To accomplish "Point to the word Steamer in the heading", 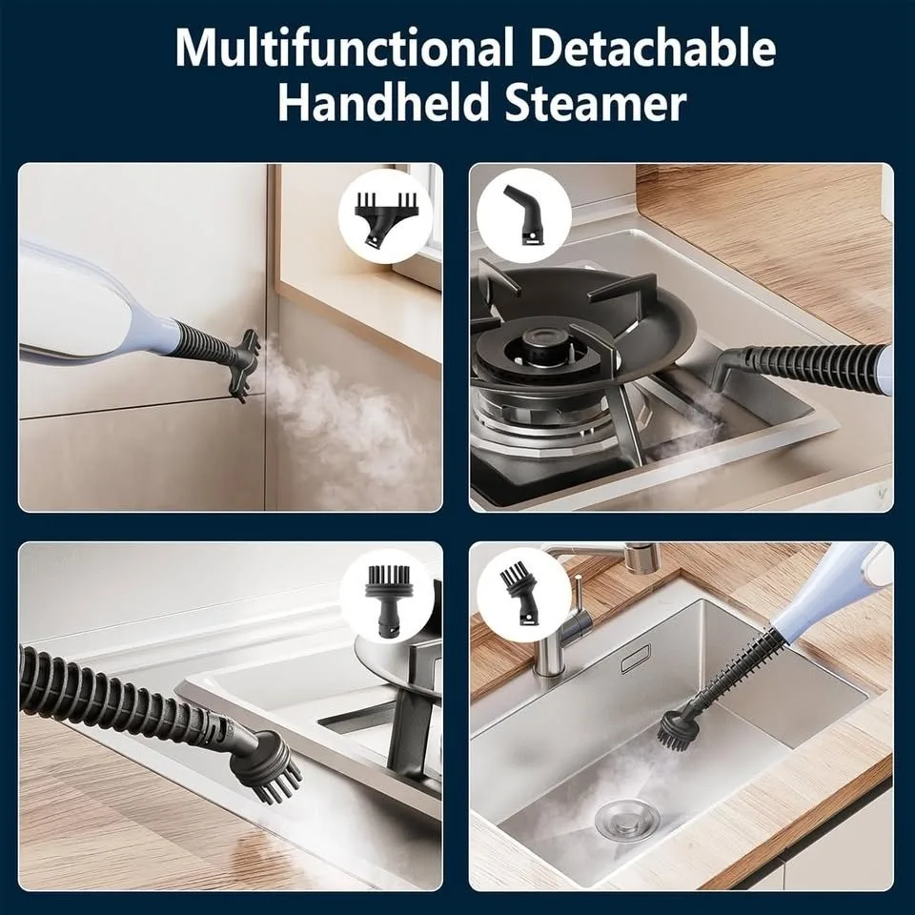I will [x=597, y=103].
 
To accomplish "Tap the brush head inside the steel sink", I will [x=685, y=726].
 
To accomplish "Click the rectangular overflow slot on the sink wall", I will [x=635, y=658].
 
